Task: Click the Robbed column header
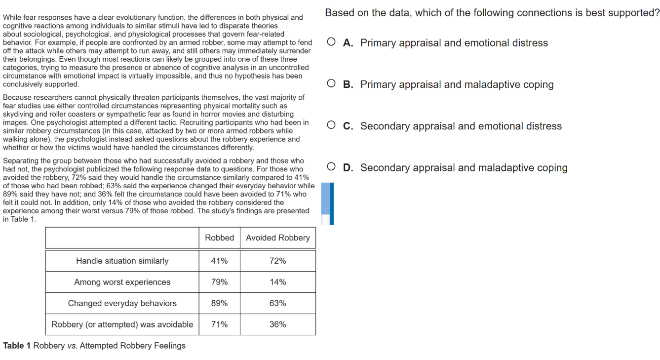[x=220, y=238]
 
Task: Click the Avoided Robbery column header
[x=278, y=238]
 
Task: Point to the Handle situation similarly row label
[x=122, y=261]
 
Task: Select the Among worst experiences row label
[x=122, y=282]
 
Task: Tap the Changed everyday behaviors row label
[x=122, y=303]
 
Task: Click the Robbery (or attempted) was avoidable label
[x=122, y=324]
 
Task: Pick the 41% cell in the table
[x=220, y=261]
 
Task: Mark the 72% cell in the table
[x=278, y=261]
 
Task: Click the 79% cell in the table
[x=220, y=282]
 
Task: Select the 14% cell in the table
[x=278, y=282]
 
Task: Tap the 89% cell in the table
[x=220, y=303]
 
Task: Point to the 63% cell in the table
[x=278, y=303]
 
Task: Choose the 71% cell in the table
[x=220, y=324]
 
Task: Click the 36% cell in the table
[x=278, y=324]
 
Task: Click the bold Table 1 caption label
[x=17, y=346]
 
